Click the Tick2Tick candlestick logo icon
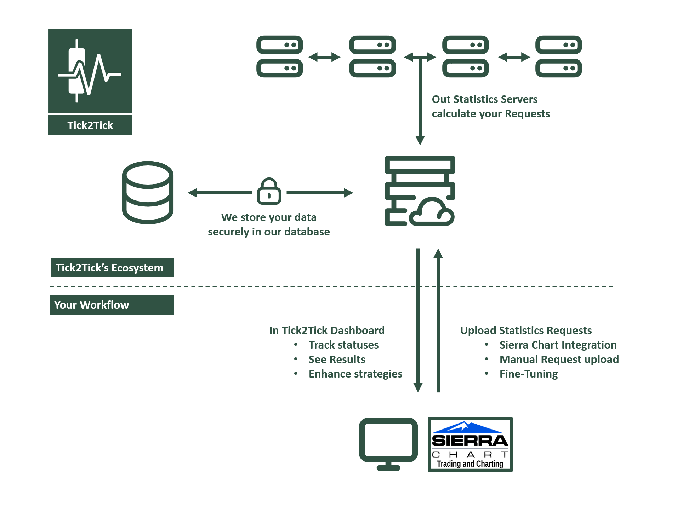click(90, 71)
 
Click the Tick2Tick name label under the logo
click(90, 125)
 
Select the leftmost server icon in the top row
click(279, 57)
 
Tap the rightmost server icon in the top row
click(558, 57)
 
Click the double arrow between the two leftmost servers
click(324, 57)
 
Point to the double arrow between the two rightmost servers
click(514, 57)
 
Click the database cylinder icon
click(148, 192)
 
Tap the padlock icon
click(269, 191)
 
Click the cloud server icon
click(420, 191)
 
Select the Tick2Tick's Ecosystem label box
click(112, 268)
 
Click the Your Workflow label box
click(112, 305)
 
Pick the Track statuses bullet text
click(343, 345)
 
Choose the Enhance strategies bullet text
click(355, 374)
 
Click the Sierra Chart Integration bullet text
click(558, 345)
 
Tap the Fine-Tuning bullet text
click(528, 374)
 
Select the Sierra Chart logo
click(470, 444)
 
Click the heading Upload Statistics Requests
click(526, 330)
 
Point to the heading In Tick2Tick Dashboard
click(326, 330)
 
